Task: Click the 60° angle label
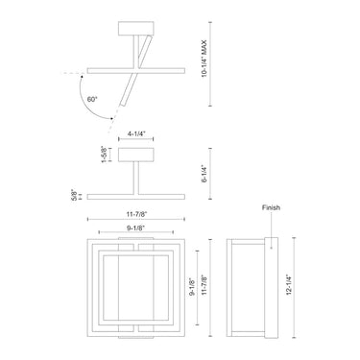pyautogui.click(x=92, y=99)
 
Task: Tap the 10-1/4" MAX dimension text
pyautogui.click(x=204, y=59)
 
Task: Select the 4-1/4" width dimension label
pyautogui.click(x=136, y=133)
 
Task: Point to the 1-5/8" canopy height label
pyautogui.click(x=104, y=155)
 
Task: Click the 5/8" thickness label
pyautogui.click(x=74, y=195)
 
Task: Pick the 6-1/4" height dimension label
pyautogui.click(x=204, y=174)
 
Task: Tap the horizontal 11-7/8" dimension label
pyautogui.click(x=136, y=215)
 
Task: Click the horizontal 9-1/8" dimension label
pyautogui.click(x=136, y=228)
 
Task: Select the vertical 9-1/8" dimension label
pyautogui.click(x=192, y=287)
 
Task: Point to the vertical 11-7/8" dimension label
pyautogui.click(x=204, y=285)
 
